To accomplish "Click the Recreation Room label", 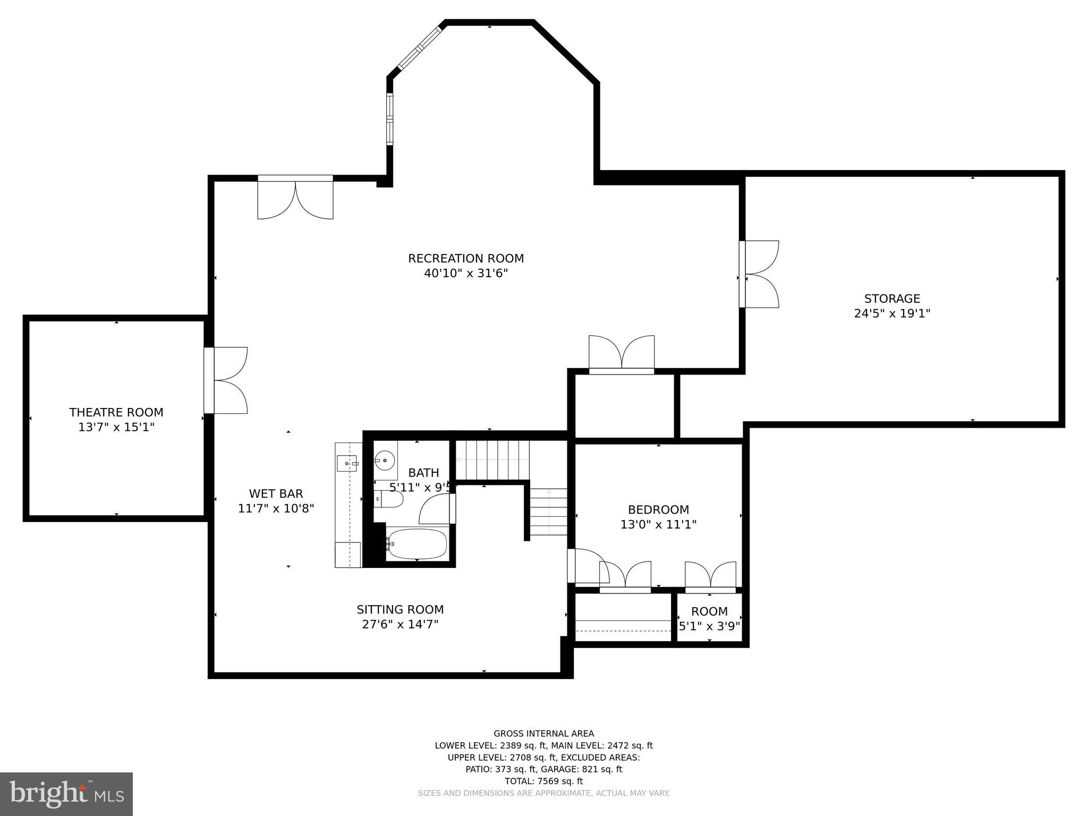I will tap(465, 259).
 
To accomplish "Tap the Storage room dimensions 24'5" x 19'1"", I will tap(891, 314).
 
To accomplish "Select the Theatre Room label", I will tap(116, 412).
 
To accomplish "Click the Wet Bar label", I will tap(276, 494).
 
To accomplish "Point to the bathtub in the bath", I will tap(416, 543).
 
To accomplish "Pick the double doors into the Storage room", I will tap(760, 274).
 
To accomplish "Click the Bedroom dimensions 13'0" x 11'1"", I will tap(658, 525).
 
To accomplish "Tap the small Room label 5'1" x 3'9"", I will tap(709, 619).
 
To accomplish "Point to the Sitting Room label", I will tap(400, 609).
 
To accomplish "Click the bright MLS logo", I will tap(66, 794).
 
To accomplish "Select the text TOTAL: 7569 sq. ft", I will tap(543, 781).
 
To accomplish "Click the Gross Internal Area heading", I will tap(543, 734).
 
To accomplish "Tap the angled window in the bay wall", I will tap(420, 48).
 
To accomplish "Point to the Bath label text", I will tap(423, 473).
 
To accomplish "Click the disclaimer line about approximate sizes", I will tap(543, 793).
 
